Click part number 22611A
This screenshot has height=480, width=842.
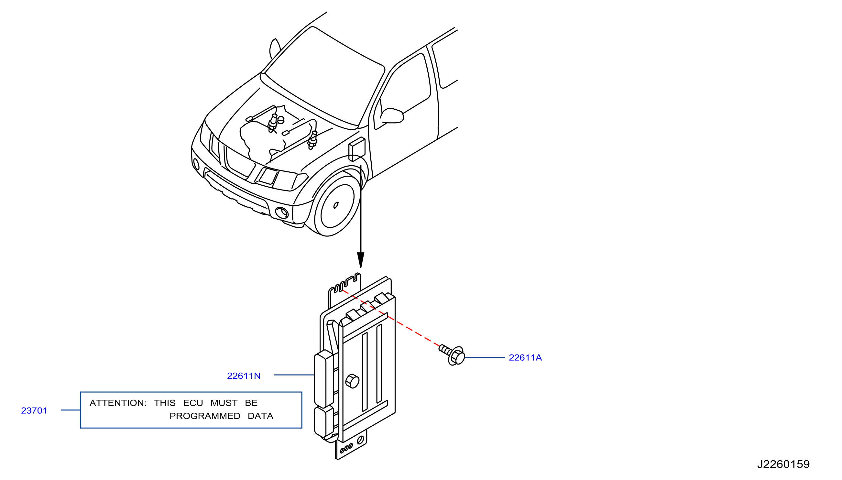pos(525,358)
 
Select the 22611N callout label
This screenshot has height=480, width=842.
pos(244,376)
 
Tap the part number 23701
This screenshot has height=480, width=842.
pos(34,411)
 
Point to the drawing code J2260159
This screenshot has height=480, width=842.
pos(783,464)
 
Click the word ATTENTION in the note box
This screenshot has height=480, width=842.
pos(118,403)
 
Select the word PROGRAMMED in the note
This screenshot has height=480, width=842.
pos(205,416)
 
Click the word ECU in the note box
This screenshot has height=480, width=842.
pos(193,403)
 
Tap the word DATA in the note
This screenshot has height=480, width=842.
pos(260,416)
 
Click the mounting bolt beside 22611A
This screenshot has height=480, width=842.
pos(452,355)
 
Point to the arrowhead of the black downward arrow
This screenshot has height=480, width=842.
pos(361,260)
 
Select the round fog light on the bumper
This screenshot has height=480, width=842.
pos(282,213)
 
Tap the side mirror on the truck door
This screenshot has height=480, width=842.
pos(392,115)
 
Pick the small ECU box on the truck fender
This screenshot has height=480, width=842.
pos(357,149)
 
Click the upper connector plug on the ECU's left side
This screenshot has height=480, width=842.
pos(324,379)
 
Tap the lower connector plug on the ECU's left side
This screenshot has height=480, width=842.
pos(324,422)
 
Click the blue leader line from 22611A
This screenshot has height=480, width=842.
pos(485,357)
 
